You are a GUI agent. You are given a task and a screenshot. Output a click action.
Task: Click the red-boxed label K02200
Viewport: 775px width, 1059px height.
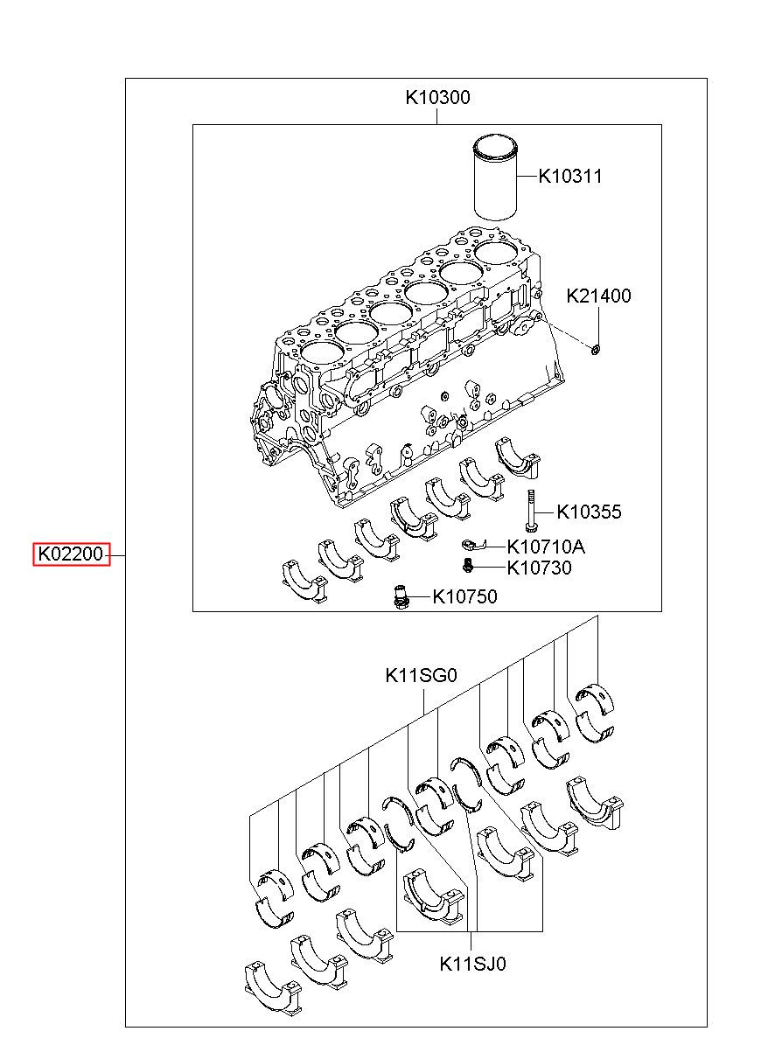pyautogui.click(x=71, y=554)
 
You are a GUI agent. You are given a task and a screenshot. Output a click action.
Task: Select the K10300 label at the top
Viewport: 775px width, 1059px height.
pyautogui.click(x=437, y=97)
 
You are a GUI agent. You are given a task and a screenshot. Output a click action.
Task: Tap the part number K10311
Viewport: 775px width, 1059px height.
pyautogui.click(x=570, y=177)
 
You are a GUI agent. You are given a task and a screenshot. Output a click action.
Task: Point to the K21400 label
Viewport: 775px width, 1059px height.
pyautogui.click(x=598, y=296)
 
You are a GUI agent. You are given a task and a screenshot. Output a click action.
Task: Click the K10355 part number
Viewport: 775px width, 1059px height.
pyautogui.click(x=589, y=512)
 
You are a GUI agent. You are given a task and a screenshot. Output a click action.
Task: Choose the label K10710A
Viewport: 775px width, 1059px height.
pyautogui.click(x=546, y=547)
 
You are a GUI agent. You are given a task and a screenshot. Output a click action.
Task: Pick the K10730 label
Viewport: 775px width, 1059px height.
pyautogui.click(x=539, y=568)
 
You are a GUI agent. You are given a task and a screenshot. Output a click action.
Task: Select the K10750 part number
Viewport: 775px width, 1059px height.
pyautogui.click(x=464, y=596)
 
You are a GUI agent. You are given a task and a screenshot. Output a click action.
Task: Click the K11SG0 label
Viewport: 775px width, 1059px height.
pyautogui.click(x=422, y=676)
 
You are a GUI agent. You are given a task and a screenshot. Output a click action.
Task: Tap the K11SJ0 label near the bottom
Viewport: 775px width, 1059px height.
pyautogui.click(x=472, y=964)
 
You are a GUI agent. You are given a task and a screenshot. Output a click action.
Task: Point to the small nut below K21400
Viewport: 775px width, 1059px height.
pyautogui.click(x=596, y=350)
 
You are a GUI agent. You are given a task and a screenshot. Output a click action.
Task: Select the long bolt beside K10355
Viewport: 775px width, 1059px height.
pyautogui.click(x=529, y=510)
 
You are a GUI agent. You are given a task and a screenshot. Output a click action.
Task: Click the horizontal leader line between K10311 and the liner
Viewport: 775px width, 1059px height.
pyautogui.click(x=527, y=177)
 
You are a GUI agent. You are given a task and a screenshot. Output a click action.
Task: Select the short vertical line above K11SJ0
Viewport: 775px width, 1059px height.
pyautogui.click(x=471, y=942)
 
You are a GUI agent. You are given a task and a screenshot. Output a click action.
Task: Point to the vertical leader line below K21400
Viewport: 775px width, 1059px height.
pyautogui.click(x=598, y=326)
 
